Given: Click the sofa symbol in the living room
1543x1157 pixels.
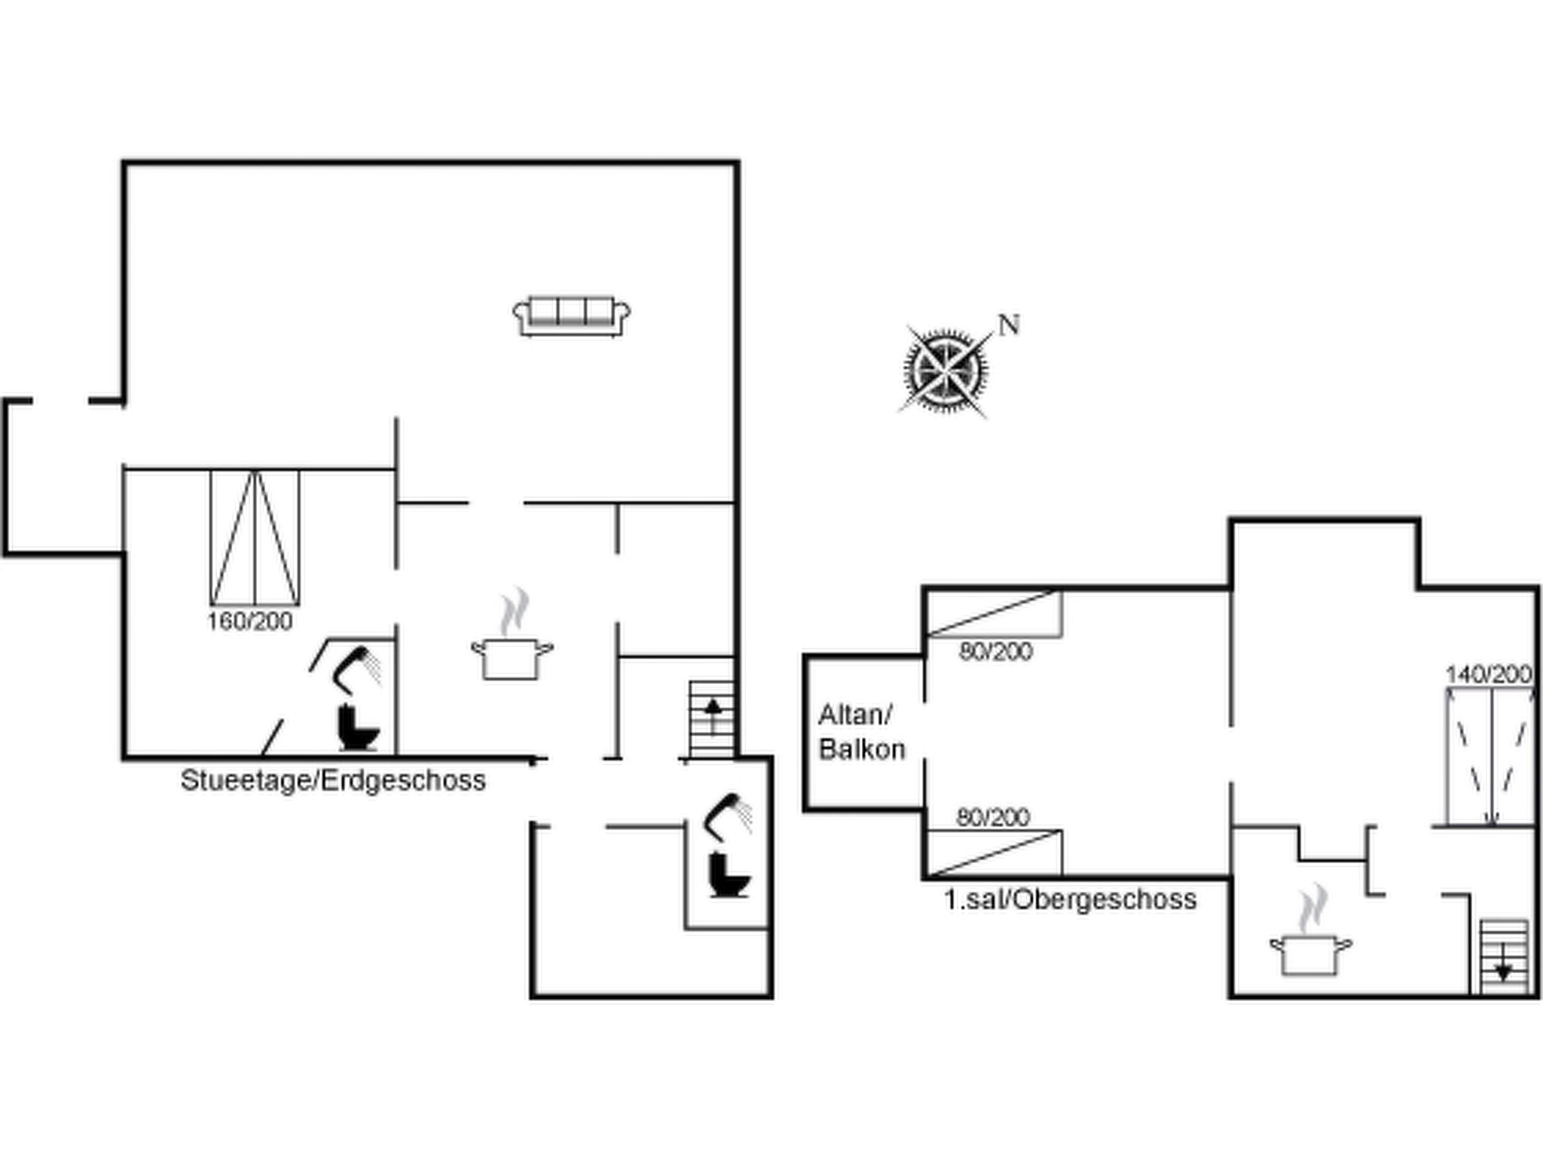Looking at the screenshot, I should (x=572, y=316).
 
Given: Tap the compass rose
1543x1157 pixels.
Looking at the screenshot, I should (x=946, y=371).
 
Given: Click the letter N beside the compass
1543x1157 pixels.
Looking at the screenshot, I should (x=1009, y=325).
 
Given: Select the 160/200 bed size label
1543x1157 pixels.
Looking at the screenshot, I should (x=250, y=621).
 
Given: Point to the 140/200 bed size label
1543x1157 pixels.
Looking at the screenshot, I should (x=1489, y=674).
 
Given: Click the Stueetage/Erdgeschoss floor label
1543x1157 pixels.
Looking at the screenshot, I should (x=333, y=780).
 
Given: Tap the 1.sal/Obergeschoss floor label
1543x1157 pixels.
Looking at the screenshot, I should (x=1070, y=899).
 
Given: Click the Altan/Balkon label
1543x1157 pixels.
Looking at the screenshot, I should (x=861, y=732).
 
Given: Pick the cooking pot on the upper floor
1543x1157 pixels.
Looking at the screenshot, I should (x=1311, y=952).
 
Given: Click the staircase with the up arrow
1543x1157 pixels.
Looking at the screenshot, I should (x=712, y=719).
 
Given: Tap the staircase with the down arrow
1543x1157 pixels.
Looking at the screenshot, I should (x=1503, y=957).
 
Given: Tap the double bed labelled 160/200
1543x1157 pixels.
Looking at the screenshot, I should (x=255, y=538).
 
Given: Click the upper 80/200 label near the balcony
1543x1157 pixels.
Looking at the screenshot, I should (x=995, y=652).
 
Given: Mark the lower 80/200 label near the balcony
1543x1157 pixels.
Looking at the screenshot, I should (x=993, y=817).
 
